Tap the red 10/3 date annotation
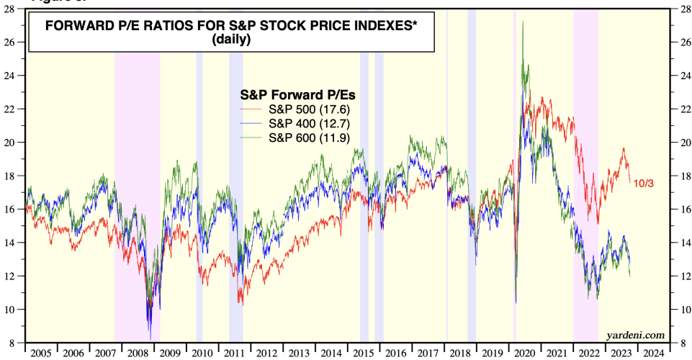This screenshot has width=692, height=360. (643, 184)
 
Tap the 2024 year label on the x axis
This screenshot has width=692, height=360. (655, 354)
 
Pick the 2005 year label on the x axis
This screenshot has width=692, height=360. (40, 354)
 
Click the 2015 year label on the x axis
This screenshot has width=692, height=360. (365, 354)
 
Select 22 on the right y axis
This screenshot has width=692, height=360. (678, 109)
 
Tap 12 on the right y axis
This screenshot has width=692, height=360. (678, 276)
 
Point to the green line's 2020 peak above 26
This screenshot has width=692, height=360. (522, 22)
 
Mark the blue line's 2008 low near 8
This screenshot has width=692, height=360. (150, 338)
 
